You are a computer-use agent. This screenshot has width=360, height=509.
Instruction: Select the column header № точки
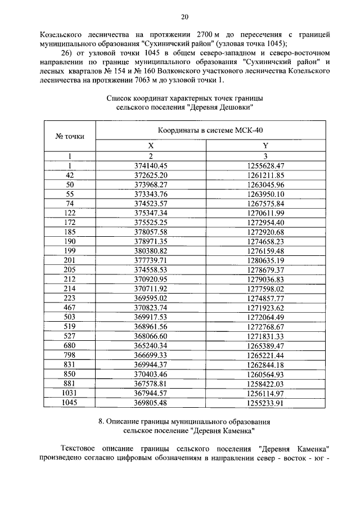pos(70,136)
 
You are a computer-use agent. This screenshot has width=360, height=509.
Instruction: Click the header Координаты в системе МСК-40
pos(210,130)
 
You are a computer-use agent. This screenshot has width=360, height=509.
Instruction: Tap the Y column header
pos(265,145)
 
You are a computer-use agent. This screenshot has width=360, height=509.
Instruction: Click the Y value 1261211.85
pos(265,175)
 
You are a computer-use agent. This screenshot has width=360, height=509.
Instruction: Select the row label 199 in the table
pos(70,250)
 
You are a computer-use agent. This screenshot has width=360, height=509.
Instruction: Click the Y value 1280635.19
pos(265,260)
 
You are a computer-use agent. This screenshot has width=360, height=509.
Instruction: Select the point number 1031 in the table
pos(70,393)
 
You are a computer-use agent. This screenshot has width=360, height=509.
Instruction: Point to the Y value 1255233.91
pos(265,402)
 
